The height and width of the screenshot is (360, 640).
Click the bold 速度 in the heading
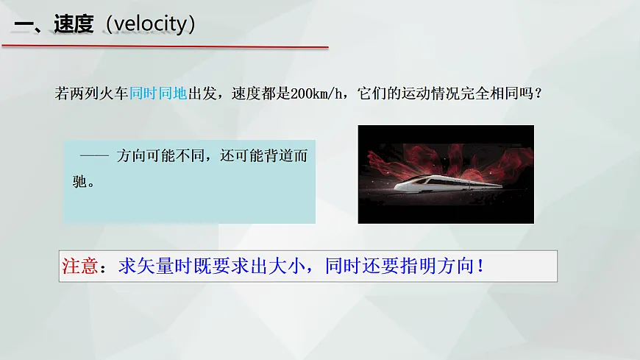(x=74, y=24)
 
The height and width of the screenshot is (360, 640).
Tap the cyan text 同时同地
(x=158, y=94)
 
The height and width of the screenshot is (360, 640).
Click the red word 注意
(x=79, y=266)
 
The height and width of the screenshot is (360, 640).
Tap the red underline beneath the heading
(x=165, y=46)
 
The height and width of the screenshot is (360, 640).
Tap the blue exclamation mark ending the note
(x=480, y=266)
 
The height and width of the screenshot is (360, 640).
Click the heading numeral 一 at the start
(x=24, y=24)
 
